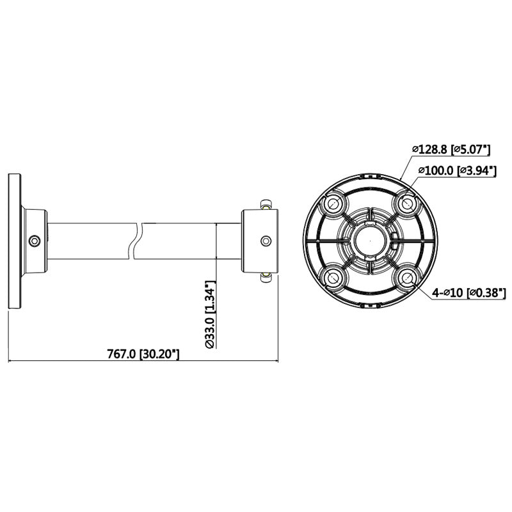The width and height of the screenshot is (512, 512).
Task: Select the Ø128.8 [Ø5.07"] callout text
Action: tap(451, 150)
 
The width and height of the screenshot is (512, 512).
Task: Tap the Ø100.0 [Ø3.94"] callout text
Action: tap(454, 170)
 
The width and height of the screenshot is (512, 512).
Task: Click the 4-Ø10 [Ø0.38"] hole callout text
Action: tap(459, 292)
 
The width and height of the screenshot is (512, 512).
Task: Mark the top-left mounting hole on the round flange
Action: tap(333, 204)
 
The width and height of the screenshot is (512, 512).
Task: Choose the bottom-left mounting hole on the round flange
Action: tap(333, 277)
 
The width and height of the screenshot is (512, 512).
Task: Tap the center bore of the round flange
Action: tap(369, 241)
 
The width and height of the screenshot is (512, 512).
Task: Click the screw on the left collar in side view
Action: tap(35, 241)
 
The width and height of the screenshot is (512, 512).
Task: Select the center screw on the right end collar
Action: tap(264, 241)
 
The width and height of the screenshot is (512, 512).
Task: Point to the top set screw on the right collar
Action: tap(264, 204)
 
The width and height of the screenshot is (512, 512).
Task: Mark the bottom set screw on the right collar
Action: tap(264, 277)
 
